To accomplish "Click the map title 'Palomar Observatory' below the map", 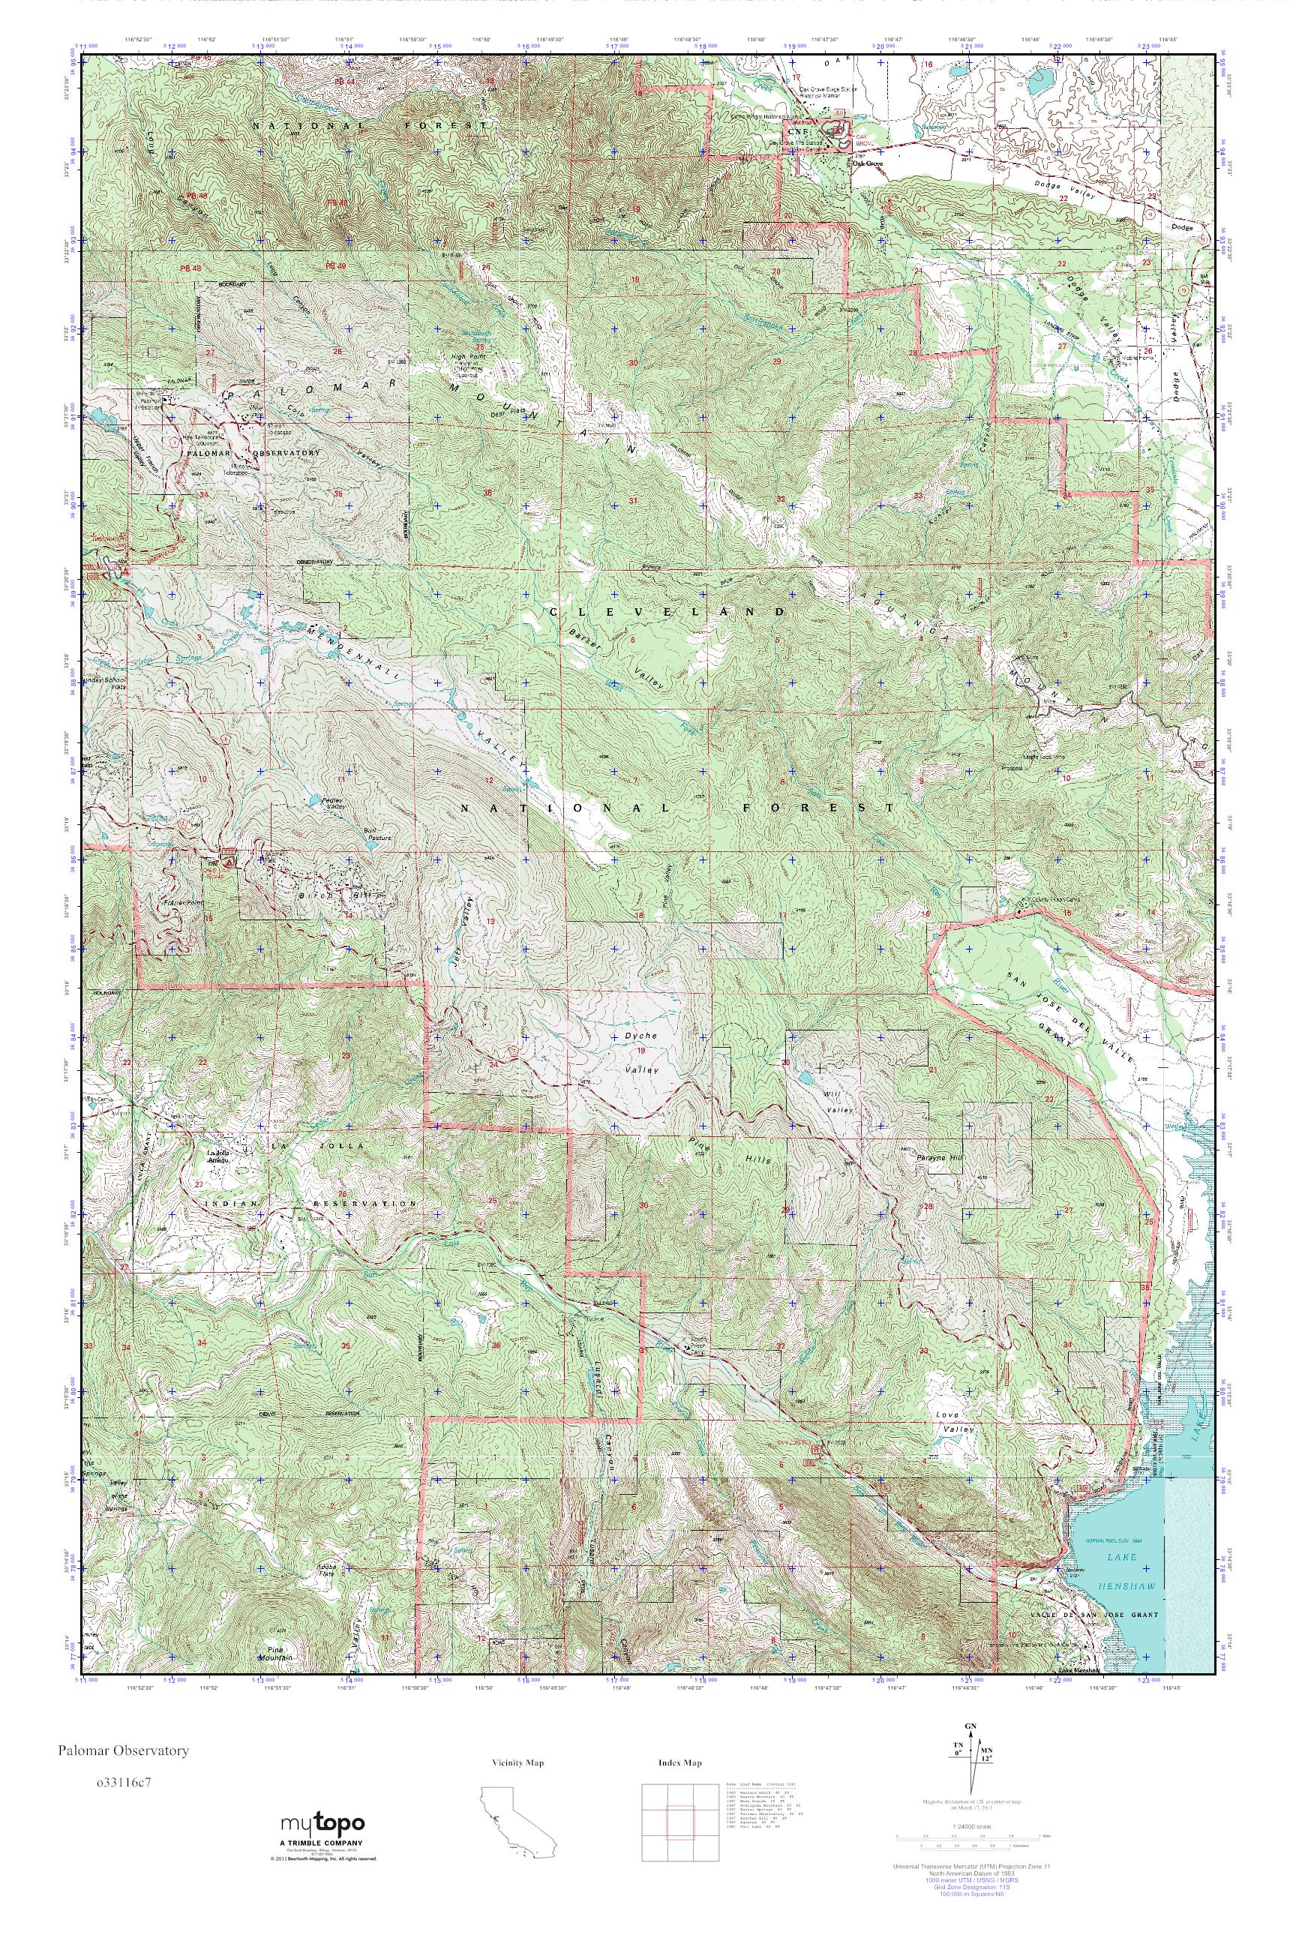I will click(123, 1750).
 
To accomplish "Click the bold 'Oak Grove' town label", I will click(868, 163).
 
